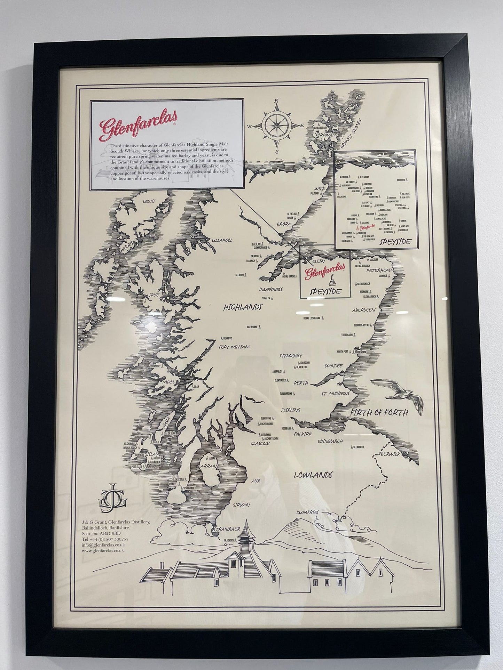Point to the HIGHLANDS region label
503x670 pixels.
[243, 307]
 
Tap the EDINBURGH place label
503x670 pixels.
[330, 442]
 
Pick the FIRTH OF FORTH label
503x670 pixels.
[378, 413]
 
